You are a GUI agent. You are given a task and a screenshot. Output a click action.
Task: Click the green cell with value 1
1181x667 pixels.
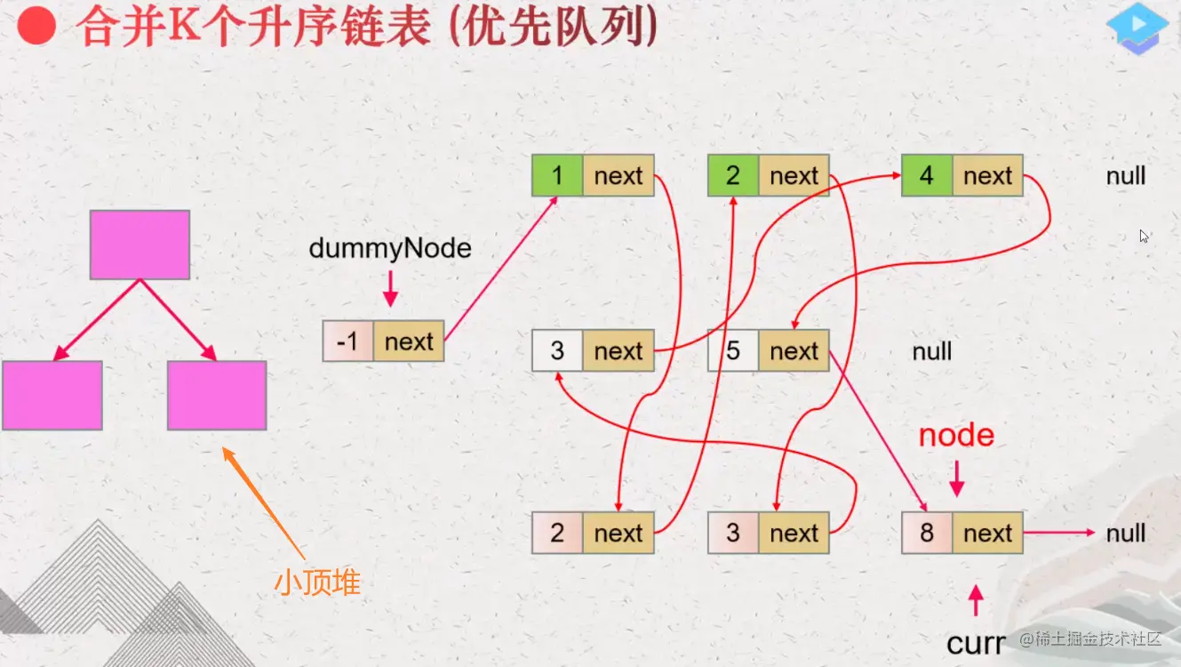557,175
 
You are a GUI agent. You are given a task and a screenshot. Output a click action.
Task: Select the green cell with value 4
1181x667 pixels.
927,175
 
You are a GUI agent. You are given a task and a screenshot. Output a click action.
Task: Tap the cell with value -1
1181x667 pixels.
348,341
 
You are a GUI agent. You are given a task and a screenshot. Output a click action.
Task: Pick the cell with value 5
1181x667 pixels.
733,350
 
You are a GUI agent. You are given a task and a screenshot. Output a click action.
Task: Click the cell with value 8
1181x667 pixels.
927,533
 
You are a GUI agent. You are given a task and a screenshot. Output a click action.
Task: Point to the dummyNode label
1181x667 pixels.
390,248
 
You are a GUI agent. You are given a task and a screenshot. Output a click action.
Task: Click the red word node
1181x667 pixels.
956,436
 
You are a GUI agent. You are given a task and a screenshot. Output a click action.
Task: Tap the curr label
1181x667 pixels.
976,644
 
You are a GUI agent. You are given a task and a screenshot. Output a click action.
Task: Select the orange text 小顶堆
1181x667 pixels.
317,583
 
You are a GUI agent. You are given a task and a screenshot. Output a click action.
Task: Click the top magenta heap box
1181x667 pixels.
140,245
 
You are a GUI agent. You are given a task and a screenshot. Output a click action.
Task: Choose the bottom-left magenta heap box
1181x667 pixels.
52,395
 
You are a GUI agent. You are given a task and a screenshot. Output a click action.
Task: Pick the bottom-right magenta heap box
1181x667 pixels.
217,395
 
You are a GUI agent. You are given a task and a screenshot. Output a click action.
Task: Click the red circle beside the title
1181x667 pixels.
36,25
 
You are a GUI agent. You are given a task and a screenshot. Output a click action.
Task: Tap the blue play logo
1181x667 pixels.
1137,29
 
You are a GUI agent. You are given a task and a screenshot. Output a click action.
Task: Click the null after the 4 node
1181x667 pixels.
1126,176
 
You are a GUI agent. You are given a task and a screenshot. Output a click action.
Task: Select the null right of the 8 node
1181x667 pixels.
1126,533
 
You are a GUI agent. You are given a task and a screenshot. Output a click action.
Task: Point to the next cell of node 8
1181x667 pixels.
987,533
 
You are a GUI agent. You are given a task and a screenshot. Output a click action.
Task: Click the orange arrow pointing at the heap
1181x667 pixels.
264,502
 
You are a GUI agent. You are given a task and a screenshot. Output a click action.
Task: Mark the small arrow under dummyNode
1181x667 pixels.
390,289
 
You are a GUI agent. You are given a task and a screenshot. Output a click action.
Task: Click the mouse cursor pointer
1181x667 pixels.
1144,236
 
